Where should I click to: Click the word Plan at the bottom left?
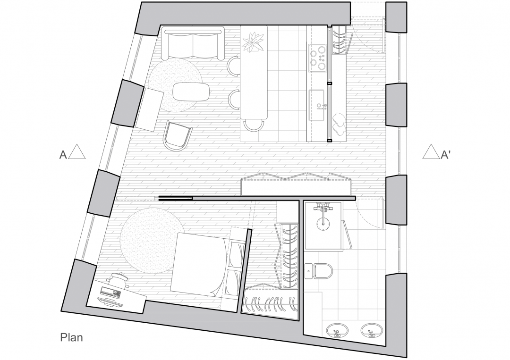pyautogui.click(x=72, y=337)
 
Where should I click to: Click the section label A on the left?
pyautogui.click(x=63, y=155)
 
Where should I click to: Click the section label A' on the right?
pyautogui.click(x=445, y=155)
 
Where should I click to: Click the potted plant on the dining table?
pyautogui.click(x=254, y=42)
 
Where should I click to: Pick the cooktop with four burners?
pyautogui.click(x=317, y=58)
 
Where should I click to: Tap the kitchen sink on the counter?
pyautogui.click(x=317, y=105)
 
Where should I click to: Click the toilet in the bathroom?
pyautogui.click(x=318, y=271)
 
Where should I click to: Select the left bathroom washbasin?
pyautogui.click(x=337, y=331)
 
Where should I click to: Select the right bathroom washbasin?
pyautogui.click(x=371, y=330)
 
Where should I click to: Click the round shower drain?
pyautogui.click(x=323, y=224)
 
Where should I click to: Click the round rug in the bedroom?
pyautogui.click(x=151, y=241)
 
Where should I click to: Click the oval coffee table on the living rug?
pyautogui.click(x=191, y=92)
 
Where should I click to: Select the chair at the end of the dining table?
pyautogui.click(x=254, y=125)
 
